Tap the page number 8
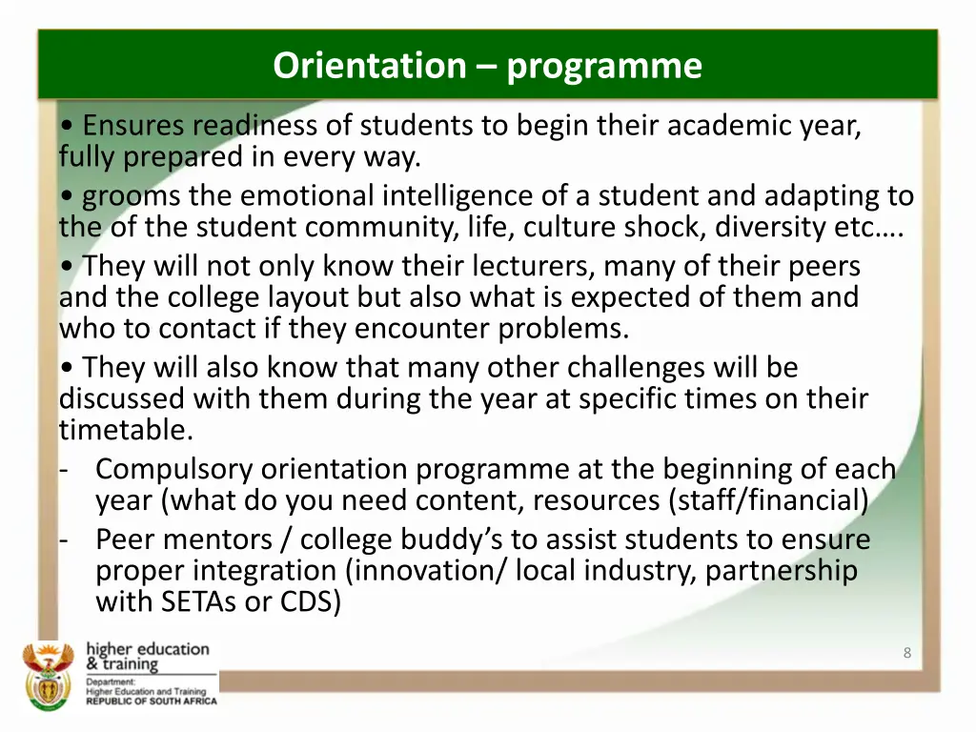[906, 653]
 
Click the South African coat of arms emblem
[48, 675]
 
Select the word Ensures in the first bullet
[133, 125]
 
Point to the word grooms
[132, 195]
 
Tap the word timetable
[126, 430]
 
